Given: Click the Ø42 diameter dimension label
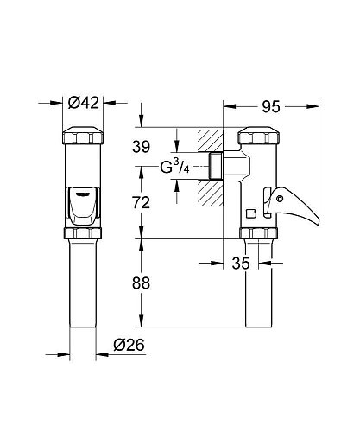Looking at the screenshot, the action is pyautogui.click(x=84, y=103).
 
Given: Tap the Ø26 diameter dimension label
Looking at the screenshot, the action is pyautogui.click(x=129, y=345).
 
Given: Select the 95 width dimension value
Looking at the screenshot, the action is pyautogui.click(x=271, y=106).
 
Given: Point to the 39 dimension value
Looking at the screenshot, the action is pyautogui.click(x=141, y=147).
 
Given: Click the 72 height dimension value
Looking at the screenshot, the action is pyautogui.click(x=141, y=202).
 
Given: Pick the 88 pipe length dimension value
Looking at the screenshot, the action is pyautogui.click(x=141, y=283).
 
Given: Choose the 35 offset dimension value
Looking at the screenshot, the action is pyautogui.click(x=241, y=263).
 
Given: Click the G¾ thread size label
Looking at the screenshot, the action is pyautogui.click(x=174, y=167).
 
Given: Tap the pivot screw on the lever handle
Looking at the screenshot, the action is pyautogui.click(x=279, y=199).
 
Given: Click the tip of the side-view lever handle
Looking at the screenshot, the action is pyautogui.click(x=317, y=224).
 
